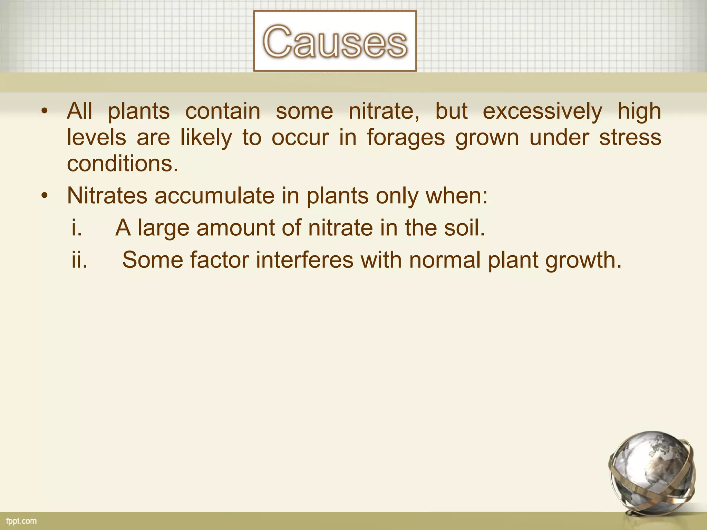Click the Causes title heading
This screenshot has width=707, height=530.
click(x=335, y=41)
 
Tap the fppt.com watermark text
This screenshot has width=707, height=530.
click(x=21, y=521)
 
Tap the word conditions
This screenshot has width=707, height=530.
click(x=123, y=164)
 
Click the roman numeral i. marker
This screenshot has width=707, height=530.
click(x=77, y=228)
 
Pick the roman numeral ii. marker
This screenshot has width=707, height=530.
click(x=79, y=259)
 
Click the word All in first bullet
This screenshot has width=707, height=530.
click(x=80, y=111)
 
